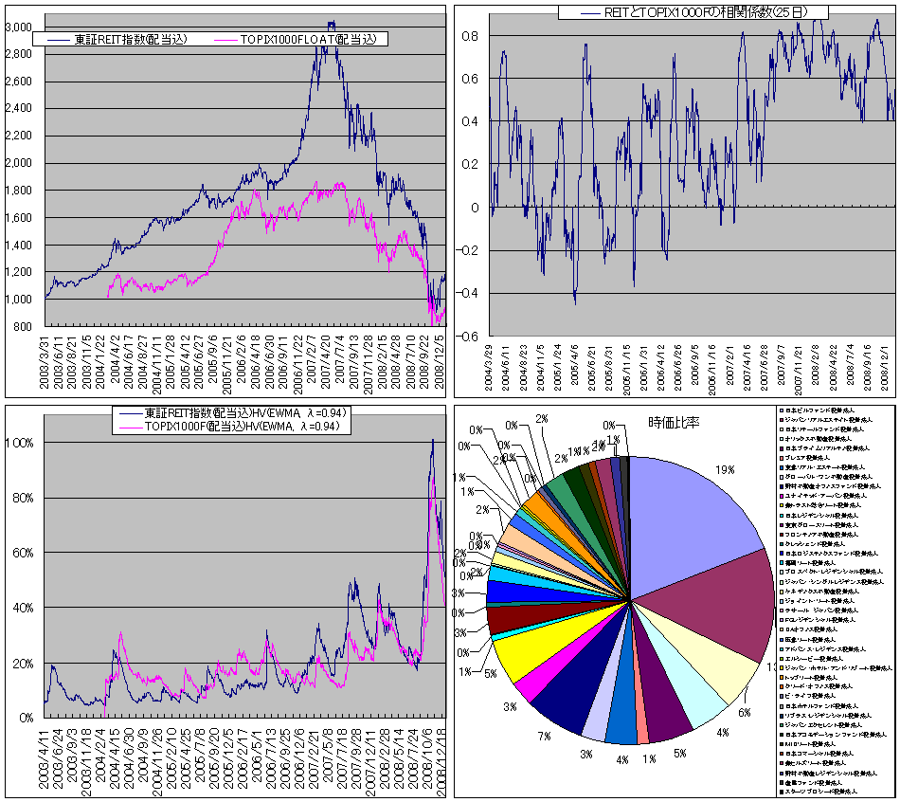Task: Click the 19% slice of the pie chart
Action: pyautogui.click(x=692, y=512)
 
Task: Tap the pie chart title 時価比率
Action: pyautogui.click(x=674, y=422)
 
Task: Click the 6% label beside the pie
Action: pyautogui.click(x=745, y=713)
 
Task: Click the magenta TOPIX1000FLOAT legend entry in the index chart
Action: pyautogui.click(x=301, y=39)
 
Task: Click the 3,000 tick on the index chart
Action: pyautogui.click(x=18, y=27)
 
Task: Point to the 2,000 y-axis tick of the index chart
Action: pyautogui.click(x=18, y=163)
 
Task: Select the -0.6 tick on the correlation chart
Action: pyautogui.click(x=468, y=337)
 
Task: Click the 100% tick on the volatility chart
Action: pyautogui.click(x=22, y=443)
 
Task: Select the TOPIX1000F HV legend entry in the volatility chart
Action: pyautogui.click(x=248, y=428)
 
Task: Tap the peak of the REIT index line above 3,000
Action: pyautogui.click(x=331, y=23)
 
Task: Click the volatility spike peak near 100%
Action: pyautogui.click(x=432, y=440)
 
